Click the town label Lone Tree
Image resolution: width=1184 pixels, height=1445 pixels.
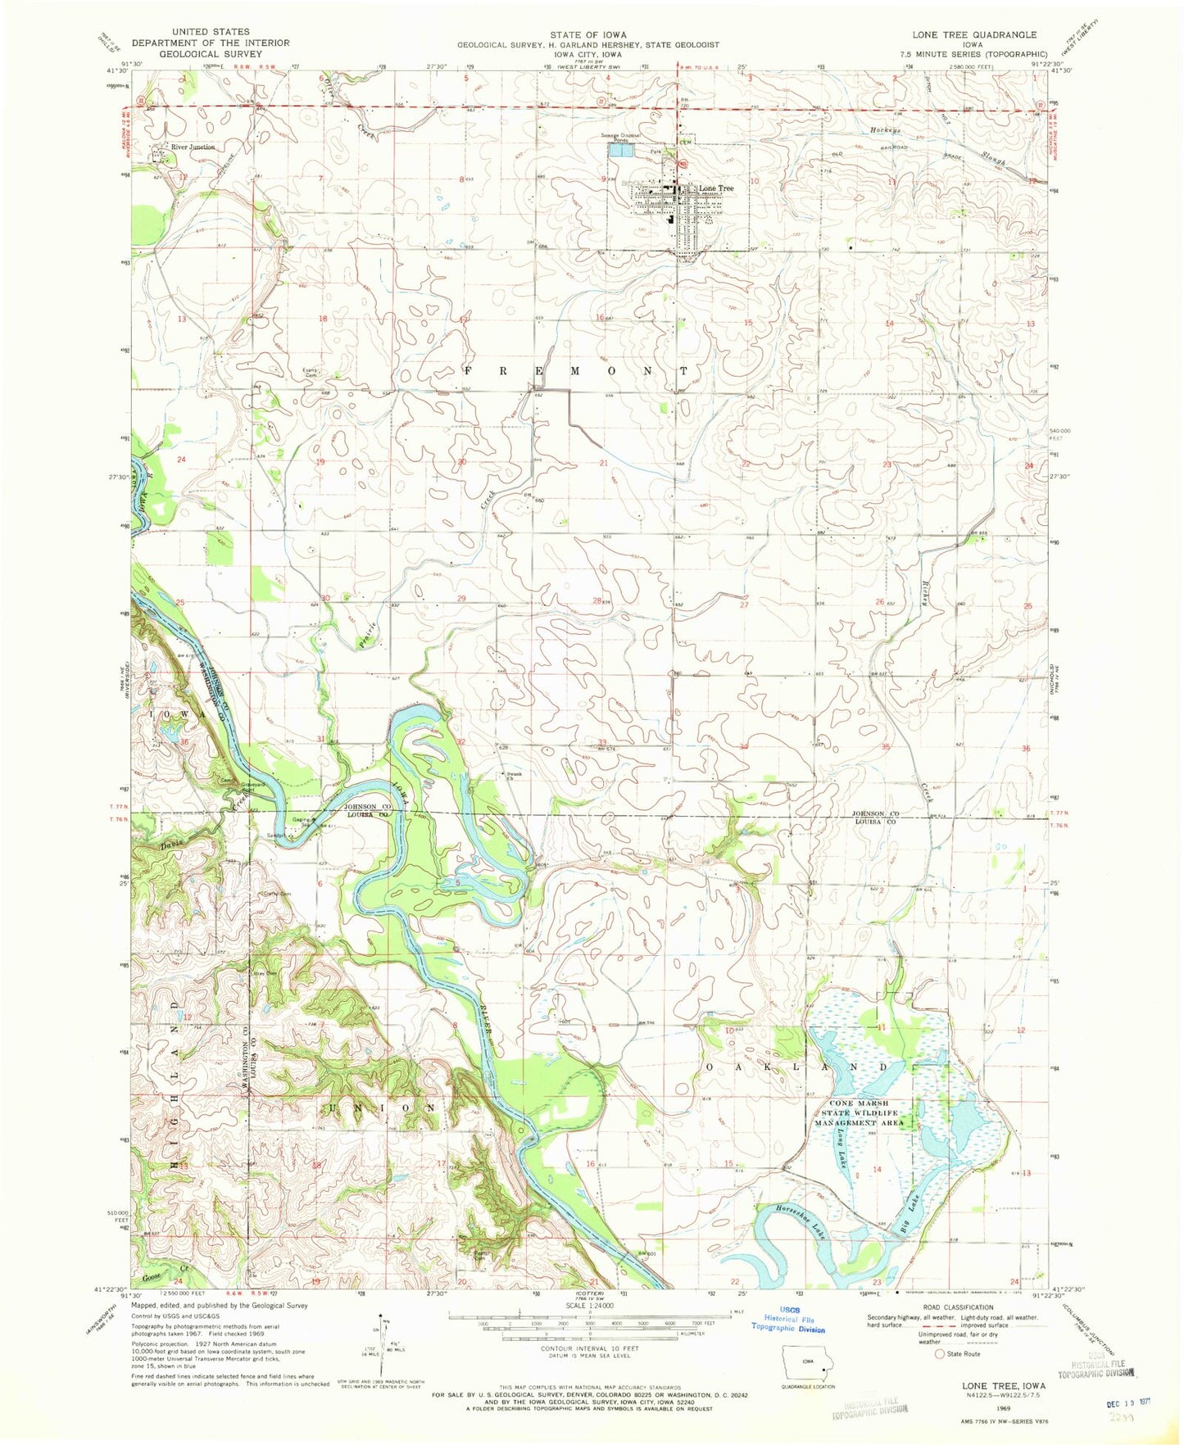pos(715,188)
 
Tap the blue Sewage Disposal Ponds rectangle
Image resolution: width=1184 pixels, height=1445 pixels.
pos(619,151)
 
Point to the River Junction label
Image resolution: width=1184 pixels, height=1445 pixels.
pos(193,147)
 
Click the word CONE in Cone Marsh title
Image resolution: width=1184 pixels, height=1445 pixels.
pos(845,1103)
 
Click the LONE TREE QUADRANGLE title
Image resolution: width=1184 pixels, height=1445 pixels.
pos(974,35)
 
